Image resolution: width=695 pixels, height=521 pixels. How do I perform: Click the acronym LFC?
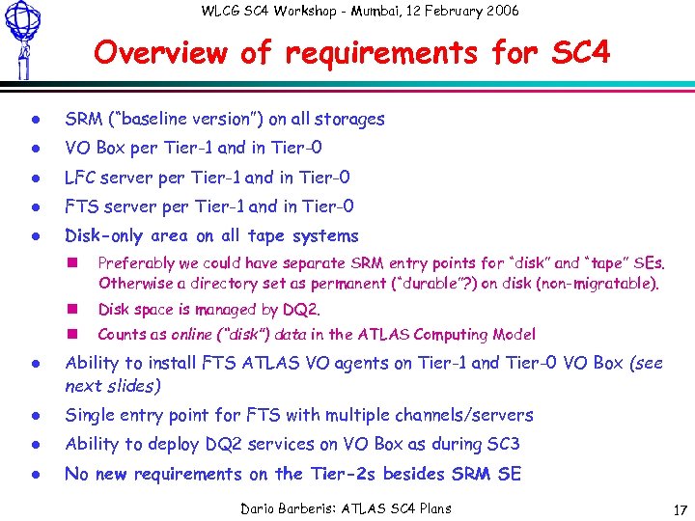82,178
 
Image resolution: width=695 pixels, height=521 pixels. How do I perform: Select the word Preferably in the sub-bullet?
136,262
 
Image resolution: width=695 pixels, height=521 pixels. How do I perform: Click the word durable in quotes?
410,284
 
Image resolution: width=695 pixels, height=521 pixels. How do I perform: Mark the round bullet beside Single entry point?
32,416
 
